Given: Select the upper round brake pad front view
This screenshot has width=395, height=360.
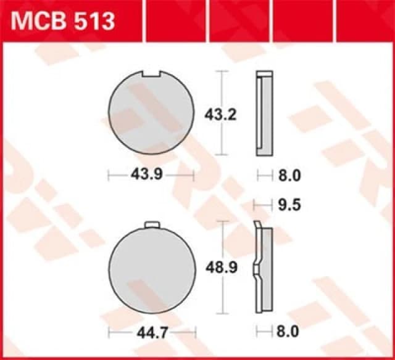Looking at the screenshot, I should point(151,113).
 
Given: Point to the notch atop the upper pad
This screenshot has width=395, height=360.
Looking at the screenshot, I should point(151,75).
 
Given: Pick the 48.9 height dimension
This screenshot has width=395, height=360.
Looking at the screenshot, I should point(217,268).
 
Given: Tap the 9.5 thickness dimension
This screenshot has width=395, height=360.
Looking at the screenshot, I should point(288,205).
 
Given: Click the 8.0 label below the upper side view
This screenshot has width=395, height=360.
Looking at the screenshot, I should point(288,176).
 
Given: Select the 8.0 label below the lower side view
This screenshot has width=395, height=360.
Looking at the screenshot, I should point(288,332).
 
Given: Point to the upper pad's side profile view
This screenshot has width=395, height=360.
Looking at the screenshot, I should point(264,113).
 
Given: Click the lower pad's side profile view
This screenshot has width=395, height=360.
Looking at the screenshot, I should point(264,269).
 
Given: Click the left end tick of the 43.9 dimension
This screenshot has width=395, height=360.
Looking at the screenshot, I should point(109,175).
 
